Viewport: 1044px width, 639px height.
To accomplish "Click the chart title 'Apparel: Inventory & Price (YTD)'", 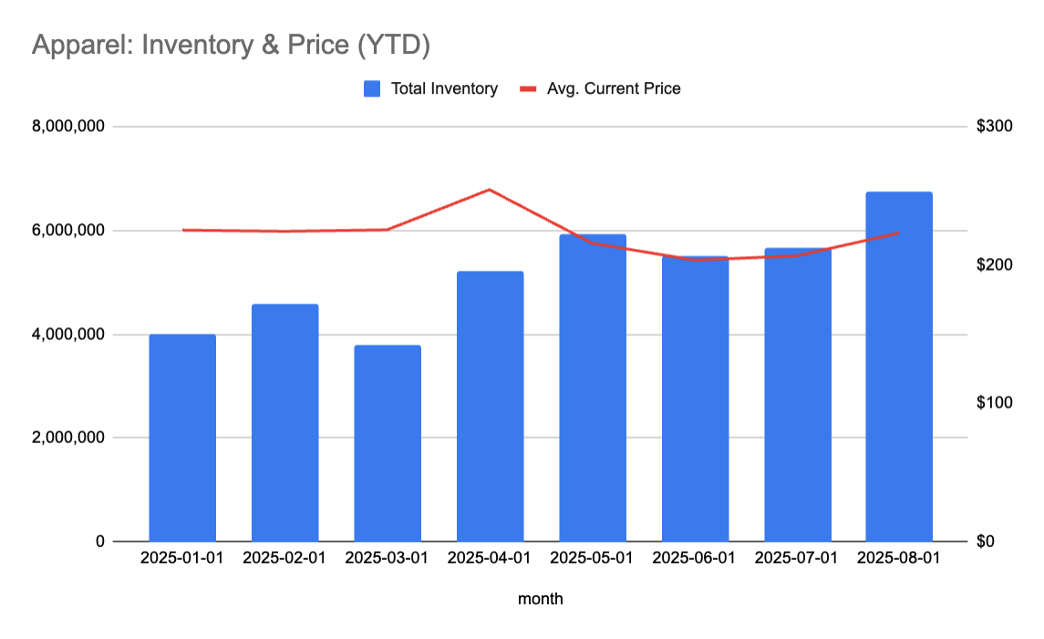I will click(x=230, y=45).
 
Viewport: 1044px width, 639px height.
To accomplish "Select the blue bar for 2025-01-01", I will click(x=182, y=438).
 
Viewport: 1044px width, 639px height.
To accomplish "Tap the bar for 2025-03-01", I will click(x=388, y=443).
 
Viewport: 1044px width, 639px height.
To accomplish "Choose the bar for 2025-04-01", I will click(x=490, y=406).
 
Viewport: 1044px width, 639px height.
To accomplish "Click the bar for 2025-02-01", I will click(x=284, y=422).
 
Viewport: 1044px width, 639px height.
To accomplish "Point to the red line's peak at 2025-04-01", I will click(x=490, y=190).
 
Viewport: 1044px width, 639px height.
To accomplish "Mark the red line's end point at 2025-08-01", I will click(x=899, y=232).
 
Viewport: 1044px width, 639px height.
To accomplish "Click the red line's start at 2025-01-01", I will click(x=182, y=230).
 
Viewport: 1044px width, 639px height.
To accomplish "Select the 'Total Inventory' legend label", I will click(x=444, y=88).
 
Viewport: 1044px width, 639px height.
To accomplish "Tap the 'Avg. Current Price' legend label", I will click(x=614, y=88).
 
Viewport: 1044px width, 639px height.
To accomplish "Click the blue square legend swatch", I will click(x=372, y=88).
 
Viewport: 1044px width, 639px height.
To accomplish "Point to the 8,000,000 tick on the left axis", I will click(x=68, y=126).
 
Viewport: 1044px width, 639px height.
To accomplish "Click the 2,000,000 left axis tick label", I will click(x=68, y=438).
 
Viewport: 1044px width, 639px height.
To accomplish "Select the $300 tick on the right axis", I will click(x=994, y=126).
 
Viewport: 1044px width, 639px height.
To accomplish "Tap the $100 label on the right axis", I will click(x=994, y=403).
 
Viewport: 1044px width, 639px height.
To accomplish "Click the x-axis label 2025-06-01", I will click(x=695, y=558).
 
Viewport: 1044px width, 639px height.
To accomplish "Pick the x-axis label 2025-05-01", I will click(x=592, y=558).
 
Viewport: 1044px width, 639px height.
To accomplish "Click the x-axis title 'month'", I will click(x=540, y=599).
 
